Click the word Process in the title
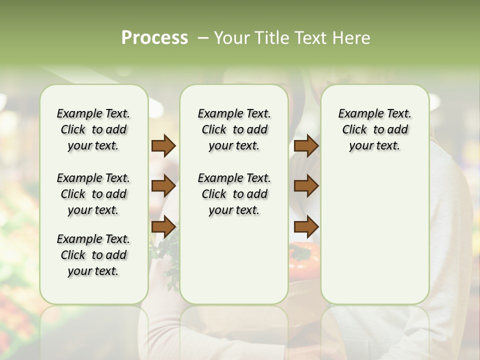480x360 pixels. click(154, 38)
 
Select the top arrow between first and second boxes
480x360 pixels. click(163, 145)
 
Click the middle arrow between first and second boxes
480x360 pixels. click(163, 186)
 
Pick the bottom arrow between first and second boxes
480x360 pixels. click(163, 227)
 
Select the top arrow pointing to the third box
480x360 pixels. click(306, 145)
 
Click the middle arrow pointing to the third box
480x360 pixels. click(306, 186)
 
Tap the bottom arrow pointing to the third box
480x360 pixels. click(306, 227)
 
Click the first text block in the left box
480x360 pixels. click(93, 129)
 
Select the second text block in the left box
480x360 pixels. click(93, 194)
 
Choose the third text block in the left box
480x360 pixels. click(93, 255)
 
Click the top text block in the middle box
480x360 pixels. click(234, 129)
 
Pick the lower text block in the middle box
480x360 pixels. click(234, 194)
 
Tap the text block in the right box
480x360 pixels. click(374, 129)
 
